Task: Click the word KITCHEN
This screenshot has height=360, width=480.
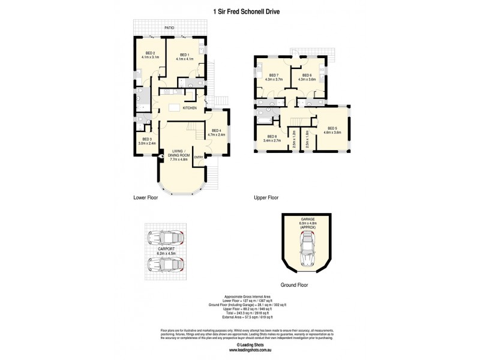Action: pyautogui.click(x=190, y=108)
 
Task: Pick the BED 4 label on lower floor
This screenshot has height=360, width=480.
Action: pyautogui.click(x=215, y=132)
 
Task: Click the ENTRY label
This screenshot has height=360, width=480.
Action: pyautogui.click(x=198, y=157)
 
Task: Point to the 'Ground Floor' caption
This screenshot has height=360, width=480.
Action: pyautogui.click(x=295, y=286)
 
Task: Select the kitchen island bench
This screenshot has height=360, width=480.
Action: pyautogui.click(x=175, y=108)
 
